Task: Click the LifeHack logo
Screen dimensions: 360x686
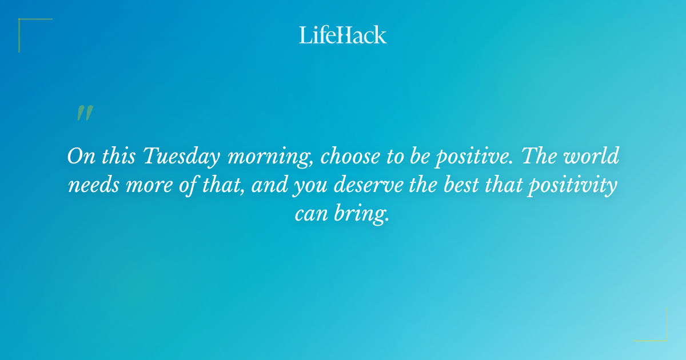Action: pyautogui.click(x=342, y=35)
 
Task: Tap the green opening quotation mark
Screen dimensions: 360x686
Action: pyautogui.click(x=84, y=113)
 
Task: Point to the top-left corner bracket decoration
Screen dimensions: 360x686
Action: pyautogui.click(x=29, y=27)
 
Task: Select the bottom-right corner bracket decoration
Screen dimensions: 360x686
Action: pyautogui.click(x=657, y=332)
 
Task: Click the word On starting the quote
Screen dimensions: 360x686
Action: pyautogui.click(x=81, y=157)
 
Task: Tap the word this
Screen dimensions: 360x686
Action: pyautogui.click(x=118, y=157)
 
